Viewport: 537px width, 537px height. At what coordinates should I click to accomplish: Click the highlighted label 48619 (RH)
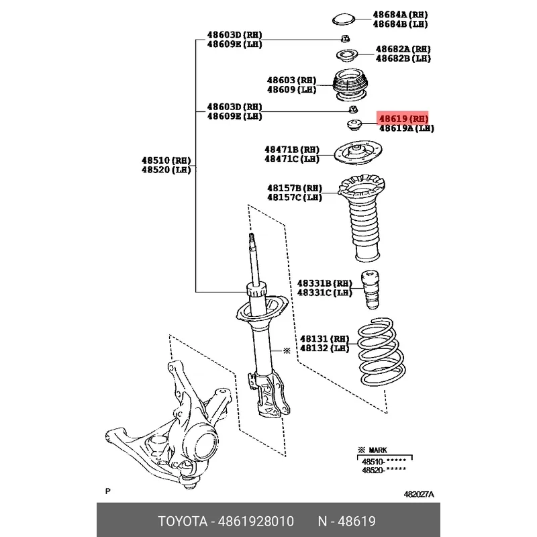pos(403,119)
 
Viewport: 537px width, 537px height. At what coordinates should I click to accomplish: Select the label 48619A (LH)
pos(407,128)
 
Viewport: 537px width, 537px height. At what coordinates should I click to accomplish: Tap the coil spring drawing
pos(381,351)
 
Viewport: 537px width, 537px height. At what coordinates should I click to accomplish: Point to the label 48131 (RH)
pos(324,339)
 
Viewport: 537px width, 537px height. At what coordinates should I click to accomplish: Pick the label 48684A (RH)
pos(400,15)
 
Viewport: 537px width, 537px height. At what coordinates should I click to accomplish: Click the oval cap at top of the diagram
pos(343,19)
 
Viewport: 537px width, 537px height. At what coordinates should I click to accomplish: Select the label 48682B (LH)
pos(403,58)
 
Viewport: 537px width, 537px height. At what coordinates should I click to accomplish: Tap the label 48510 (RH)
pos(166,160)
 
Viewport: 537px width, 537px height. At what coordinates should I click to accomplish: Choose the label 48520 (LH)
pos(166,170)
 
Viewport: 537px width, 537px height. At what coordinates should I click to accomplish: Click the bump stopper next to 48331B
pos(371,290)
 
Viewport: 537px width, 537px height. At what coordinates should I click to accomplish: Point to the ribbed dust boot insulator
pos(362,218)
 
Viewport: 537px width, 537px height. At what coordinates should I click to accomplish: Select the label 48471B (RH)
pos(292,150)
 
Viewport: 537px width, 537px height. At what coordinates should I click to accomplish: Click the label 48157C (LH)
pos(295,197)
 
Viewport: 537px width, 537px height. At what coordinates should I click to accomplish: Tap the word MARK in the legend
pos(378,450)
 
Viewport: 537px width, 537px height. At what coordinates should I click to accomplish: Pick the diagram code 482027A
pos(418,494)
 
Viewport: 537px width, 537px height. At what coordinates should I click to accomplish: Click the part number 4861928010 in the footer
pos(256,522)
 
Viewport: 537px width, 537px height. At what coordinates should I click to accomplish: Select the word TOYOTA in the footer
pos(183,522)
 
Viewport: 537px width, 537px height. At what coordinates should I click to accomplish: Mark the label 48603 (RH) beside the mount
pos(291,80)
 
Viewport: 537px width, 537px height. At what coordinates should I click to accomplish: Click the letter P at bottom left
pos(108,491)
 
